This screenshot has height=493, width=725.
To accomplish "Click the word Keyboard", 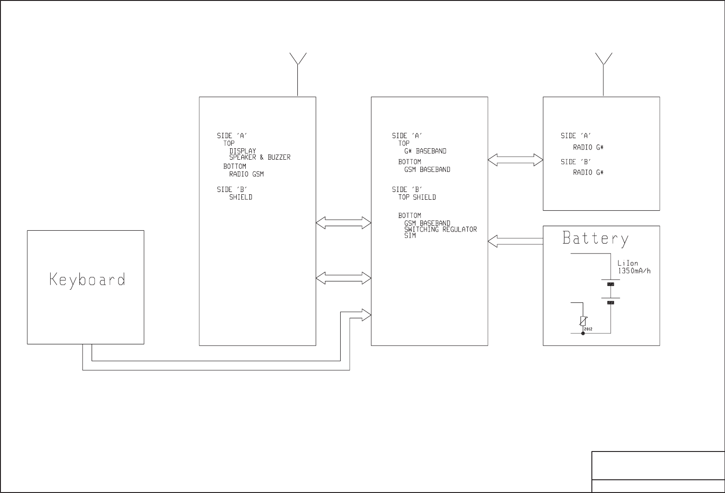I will pos(87,280).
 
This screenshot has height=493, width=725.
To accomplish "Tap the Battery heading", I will pos(595,239).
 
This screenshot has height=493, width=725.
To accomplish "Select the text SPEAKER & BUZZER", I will pos(259,157).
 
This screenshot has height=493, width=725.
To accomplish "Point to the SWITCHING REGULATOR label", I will pos(440,229).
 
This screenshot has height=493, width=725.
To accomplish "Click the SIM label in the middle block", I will pos(410,236).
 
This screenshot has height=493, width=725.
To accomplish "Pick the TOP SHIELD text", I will pos(417,197).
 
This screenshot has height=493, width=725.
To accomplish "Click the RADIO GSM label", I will pos(246,174).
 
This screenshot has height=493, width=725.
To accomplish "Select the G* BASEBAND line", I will pos(425,151).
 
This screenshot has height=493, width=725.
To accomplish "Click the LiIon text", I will pos(627,264).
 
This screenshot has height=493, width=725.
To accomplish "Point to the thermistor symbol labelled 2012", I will pos(583,322).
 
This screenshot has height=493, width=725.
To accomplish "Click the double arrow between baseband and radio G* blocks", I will pos(515,160).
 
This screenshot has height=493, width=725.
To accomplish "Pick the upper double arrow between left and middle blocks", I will pos(343,223).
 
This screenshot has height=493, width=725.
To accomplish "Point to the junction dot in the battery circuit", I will pos(583,333).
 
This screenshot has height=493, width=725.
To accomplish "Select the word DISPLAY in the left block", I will pos(243,151).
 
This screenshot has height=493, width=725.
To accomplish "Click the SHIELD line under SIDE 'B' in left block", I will pos(240,197).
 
